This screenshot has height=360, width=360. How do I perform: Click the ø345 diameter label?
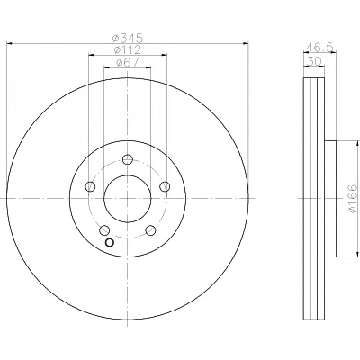click(128, 38)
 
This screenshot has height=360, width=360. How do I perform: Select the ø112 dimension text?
click(128, 49)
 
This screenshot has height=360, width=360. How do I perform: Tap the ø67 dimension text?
click(128, 62)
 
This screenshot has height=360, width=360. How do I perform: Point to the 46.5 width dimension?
click(320, 48)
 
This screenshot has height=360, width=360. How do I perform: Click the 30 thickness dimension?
click(314, 61)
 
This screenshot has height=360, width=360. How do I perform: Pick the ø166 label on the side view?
click(354, 198)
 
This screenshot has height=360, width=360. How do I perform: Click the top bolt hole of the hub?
click(128, 159)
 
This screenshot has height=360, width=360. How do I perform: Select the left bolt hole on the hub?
click(90, 186)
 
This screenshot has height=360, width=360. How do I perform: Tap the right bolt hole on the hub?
click(165, 186)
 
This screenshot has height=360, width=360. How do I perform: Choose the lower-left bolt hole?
click(104, 230)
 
